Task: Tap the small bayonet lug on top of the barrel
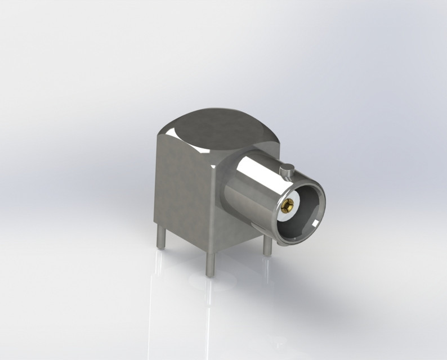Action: coord(288,167)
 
